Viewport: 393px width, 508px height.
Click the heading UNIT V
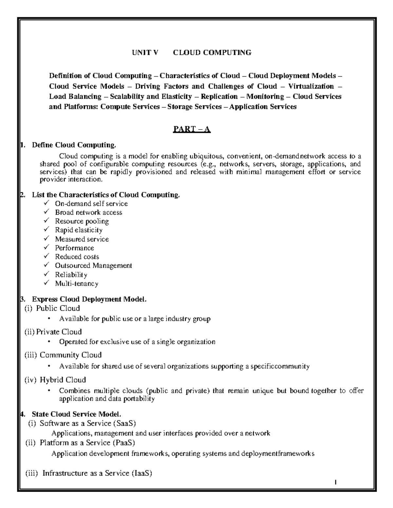click(x=144, y=52)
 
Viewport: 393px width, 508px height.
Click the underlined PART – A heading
click(x=192, y=130)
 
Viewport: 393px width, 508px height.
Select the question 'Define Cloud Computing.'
click(x=74, y=145)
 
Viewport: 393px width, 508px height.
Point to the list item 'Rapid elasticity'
click(x=79, y=230)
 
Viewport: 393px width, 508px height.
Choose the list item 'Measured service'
click(x=82, y=239)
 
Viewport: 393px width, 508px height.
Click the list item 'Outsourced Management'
click(x=93, y=266)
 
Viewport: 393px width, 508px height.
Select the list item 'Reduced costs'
click(x=77, y=257)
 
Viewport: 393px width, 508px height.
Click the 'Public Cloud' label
click(x=58, y=308)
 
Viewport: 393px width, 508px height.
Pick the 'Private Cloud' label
click(x=59, y=332)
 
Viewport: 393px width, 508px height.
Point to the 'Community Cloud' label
click(x=70, y=355)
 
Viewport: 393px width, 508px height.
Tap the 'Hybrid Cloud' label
click(x=63, y=380)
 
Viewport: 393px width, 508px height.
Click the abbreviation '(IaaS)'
click(x=141, y=473)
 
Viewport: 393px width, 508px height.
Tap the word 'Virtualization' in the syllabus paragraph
click(x=311, y=86)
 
